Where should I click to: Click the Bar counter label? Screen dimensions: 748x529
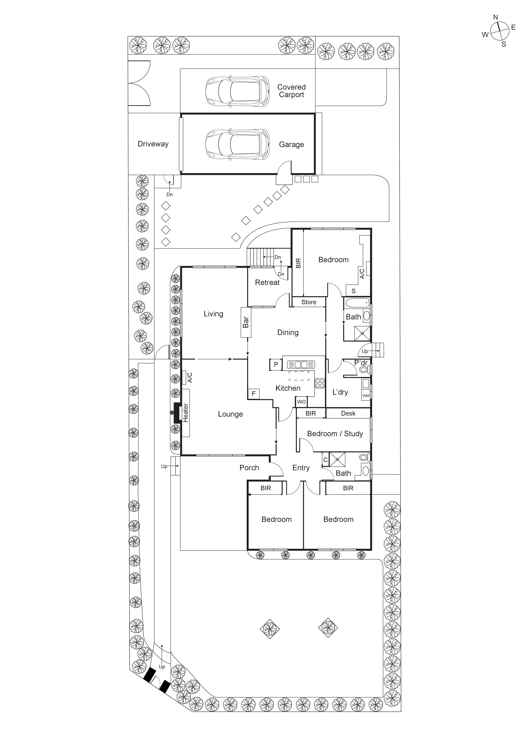(246, 322)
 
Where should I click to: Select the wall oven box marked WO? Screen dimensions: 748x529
(301, 402)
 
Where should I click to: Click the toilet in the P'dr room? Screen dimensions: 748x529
(363, 369)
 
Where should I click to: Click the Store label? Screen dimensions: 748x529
(308, 302)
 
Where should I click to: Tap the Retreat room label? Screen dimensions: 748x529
(267, 282)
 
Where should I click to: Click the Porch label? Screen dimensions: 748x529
(249, 468)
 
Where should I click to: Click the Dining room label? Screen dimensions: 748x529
(288, 332)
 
